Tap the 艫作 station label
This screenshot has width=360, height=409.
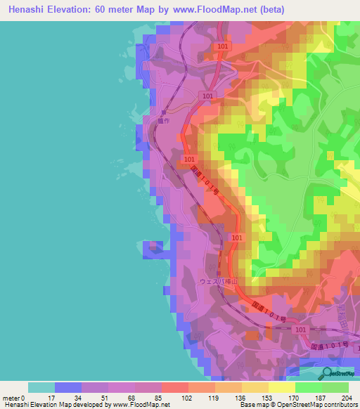(166, 120)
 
